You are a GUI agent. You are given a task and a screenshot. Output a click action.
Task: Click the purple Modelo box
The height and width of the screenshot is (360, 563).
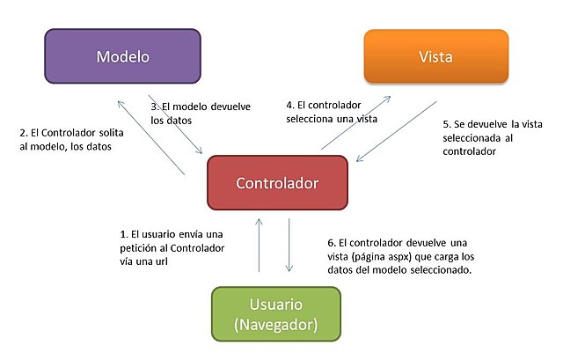coord(123,57)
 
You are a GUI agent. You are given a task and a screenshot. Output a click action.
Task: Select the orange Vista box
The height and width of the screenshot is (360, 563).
coord(436,57)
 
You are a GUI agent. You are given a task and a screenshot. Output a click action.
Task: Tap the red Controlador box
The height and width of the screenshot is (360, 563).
coord(277,183)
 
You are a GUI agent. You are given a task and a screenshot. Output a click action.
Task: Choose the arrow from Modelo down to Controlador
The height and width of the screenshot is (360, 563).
coord(180,123)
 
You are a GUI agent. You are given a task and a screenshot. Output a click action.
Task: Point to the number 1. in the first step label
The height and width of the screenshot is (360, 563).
coord(123,235)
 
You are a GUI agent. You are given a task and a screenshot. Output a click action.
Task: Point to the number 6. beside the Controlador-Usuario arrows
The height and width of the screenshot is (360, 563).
coord(330,242)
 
